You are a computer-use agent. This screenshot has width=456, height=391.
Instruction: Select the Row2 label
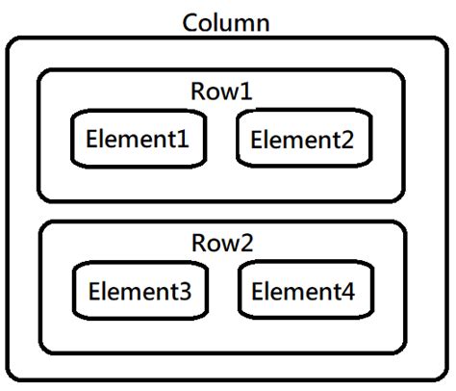tap(221, 244)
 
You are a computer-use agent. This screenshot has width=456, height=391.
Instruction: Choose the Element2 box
tap(302, 140)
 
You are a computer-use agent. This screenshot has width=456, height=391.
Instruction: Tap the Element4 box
tap(302, 291)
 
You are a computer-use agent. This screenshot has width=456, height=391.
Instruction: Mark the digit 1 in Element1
tap(196, 140)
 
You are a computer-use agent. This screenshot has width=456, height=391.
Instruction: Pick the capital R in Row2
tap(199, 244)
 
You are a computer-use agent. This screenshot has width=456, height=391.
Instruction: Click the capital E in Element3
tap(93, 291)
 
